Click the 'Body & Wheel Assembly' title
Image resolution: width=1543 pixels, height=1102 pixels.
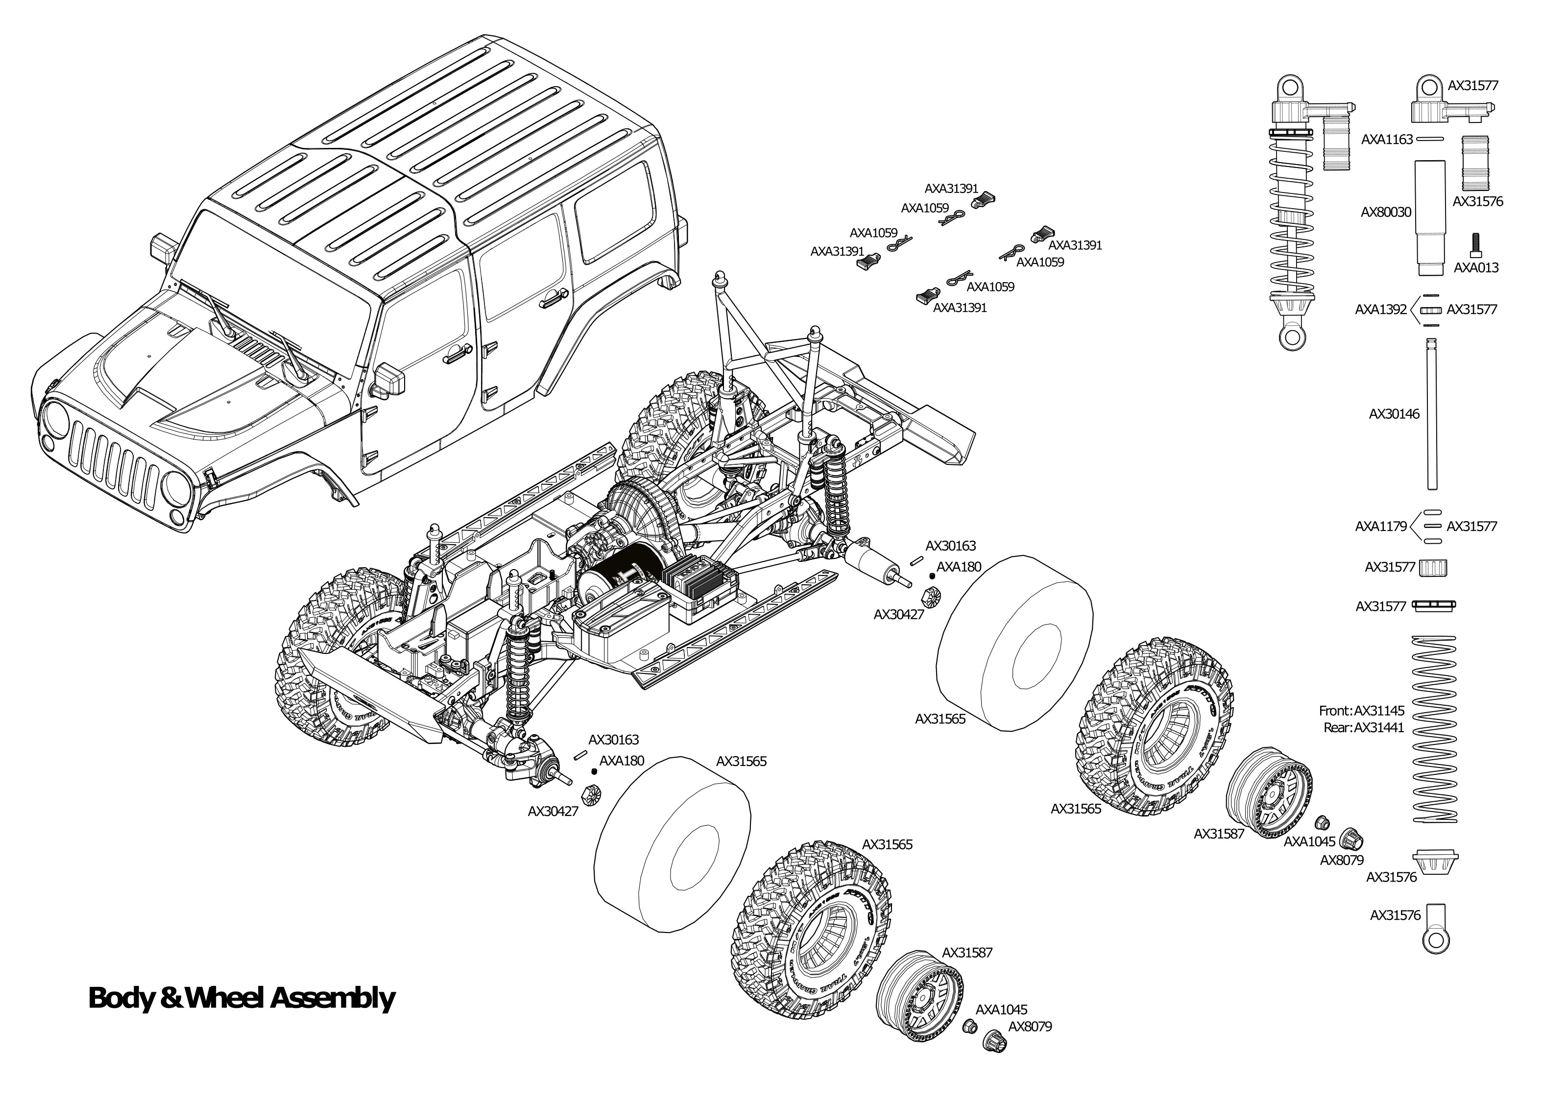click(x=241, y=998)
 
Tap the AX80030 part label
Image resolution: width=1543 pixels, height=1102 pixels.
click(x=1386, y=213)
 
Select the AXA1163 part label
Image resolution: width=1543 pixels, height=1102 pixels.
click(x=1386, y=140)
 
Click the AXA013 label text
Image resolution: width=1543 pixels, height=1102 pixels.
click(x=1476, y=267)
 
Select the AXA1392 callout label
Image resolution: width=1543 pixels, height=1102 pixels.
click(x=1381, y=310)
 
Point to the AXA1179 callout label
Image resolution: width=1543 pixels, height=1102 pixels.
click(x=1381, y=526)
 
